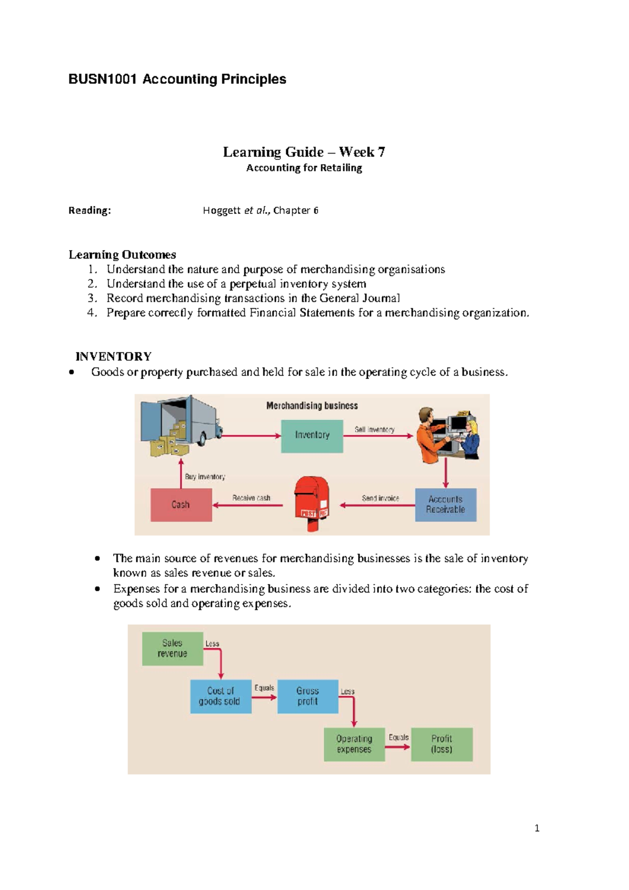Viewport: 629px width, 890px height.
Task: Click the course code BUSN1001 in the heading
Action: (103, 79)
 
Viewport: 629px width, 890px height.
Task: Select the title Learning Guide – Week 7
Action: (304, 152)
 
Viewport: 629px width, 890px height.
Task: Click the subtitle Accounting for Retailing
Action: (304, 168)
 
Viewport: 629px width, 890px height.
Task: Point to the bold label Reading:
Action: (90, 210)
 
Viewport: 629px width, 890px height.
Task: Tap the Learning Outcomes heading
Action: (122, 255)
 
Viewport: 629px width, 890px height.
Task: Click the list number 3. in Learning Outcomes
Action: (92, 298)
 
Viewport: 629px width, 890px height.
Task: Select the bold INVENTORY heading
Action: (114, 356)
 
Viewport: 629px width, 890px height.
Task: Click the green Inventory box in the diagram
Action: (312, 435)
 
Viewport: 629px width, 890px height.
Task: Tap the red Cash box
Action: (181, 505)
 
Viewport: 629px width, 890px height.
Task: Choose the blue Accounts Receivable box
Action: (446, 504)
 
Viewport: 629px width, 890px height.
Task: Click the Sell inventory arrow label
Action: (374, 429)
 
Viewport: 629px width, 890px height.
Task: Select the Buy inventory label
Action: (205, 476)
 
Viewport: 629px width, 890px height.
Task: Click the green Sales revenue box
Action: (172, 648)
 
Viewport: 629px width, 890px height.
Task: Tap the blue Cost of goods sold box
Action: (221, 696)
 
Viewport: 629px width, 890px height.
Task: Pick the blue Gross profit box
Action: (308, 696)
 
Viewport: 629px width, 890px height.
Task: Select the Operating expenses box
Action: (354, 744)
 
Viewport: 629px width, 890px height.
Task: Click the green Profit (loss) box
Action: (442, 744)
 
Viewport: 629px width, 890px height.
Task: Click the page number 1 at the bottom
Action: (537, 828)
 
